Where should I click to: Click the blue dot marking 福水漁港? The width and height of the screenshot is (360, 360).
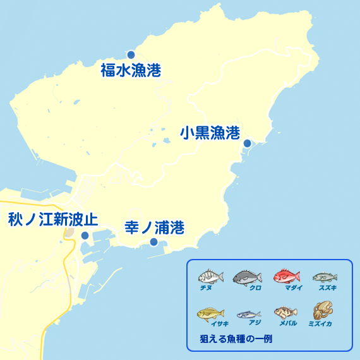(131, 54)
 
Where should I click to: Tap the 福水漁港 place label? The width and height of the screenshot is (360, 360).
(131, 70)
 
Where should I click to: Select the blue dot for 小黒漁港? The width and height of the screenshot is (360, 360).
(247, 143)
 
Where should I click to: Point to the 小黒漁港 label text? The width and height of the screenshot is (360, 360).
(210, 133)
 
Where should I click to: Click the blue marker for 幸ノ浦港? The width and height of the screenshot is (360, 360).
(153, 242)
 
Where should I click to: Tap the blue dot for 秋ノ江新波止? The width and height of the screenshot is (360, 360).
(85, 236)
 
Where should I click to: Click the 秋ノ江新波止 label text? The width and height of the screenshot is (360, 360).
(52, 220)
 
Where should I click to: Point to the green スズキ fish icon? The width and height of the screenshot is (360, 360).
(325, 277)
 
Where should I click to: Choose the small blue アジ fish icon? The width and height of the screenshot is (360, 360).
(248, 314)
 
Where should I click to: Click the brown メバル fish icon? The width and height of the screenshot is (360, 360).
(285, 313)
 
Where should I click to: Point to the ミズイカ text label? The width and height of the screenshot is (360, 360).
(320, 323)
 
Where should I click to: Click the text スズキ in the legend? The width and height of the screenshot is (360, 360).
(328, 287)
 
